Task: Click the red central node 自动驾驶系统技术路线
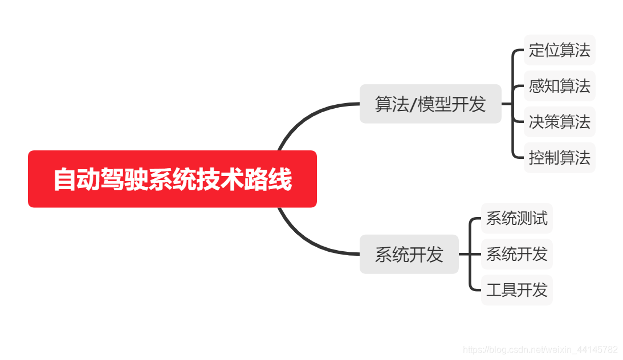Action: tap(172, 179)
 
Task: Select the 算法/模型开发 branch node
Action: tap(430, 104)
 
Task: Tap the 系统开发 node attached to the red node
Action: tap(409, 254)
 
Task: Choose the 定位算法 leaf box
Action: tap(559, 50)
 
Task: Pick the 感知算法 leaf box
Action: tap(559, 86)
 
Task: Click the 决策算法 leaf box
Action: tap(559, 122)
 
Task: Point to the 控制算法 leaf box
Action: tap(559, 158)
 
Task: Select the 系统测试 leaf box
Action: tap(516, 218)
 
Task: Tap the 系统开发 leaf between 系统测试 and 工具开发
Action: tap(516, 254)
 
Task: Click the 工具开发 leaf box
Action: tap(516, 290)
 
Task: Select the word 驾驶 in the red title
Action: tap(125, 179)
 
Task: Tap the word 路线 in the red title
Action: tap(268, 179)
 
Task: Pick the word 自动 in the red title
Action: tap(77, 179)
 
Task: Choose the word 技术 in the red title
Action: tap(220, 179)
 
